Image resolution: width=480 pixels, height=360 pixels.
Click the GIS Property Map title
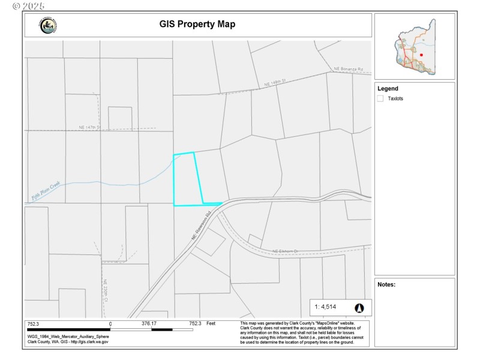[197, 25]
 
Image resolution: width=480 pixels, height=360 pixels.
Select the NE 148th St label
[277, 85]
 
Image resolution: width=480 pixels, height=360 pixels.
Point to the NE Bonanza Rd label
[349, 70]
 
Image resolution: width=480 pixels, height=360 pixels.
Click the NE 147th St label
[90, 127]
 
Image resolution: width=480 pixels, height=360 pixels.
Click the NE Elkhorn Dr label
[286, 251]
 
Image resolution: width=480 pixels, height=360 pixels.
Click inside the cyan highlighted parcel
[186, 180]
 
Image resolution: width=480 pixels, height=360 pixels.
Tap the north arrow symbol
[359, 308]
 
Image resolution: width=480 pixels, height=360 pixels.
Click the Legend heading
[388, 89]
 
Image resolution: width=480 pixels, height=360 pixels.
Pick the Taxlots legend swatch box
[380, 98]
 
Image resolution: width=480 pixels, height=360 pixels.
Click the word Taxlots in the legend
[395, 98]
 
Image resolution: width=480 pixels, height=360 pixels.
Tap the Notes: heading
[386, 284]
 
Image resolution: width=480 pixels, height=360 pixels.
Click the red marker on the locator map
[422, 55]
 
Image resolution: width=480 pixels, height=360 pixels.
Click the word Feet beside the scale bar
[211, 323]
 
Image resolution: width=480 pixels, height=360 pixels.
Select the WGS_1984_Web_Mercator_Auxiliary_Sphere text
[68, 336]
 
